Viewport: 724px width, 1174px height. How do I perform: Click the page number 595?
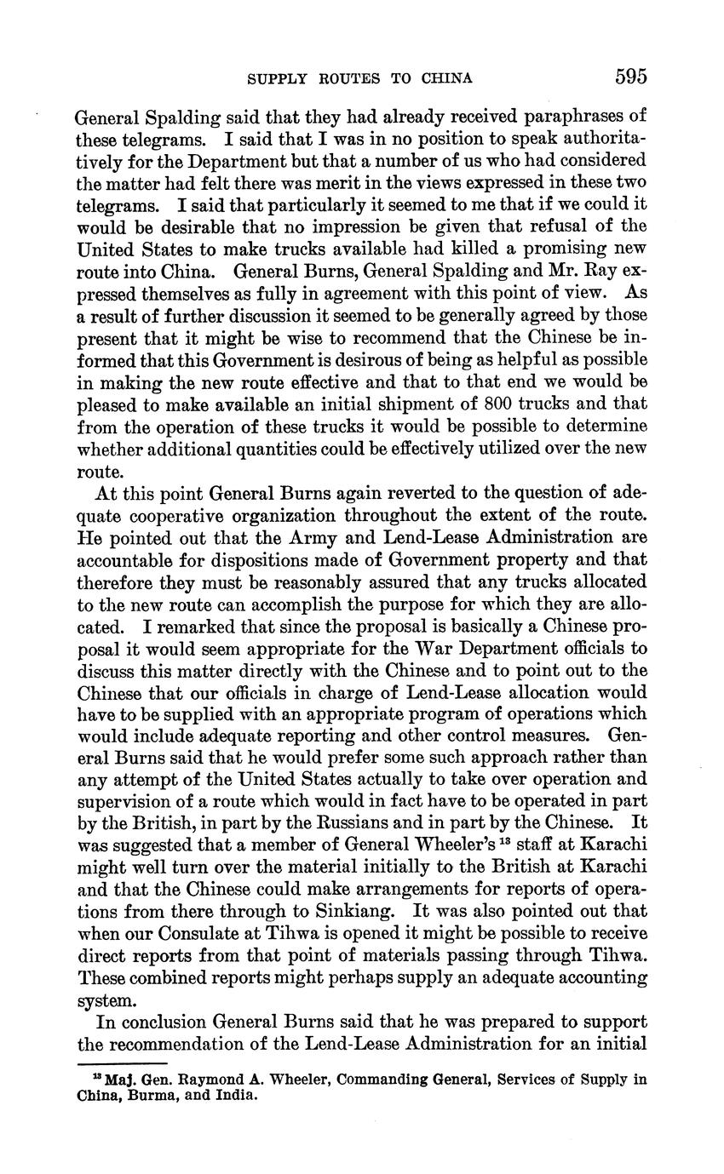tap(630, 77)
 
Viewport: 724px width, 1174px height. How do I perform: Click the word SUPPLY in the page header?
tap(271, 79)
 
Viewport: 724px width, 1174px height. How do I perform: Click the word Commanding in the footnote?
tap(376, 1080)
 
